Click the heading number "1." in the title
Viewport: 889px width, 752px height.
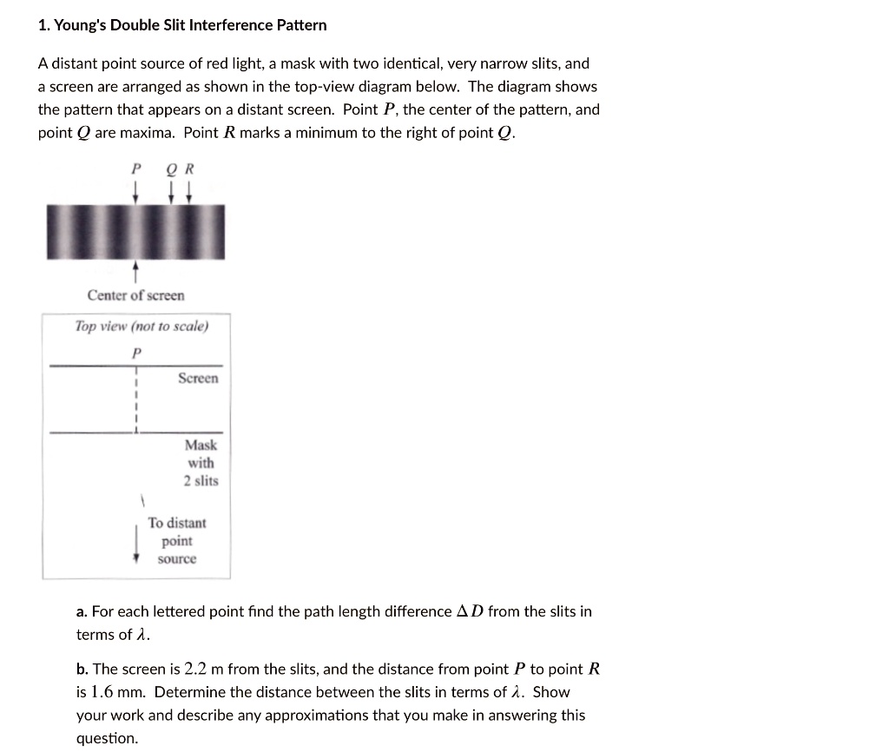pyautogui.click(x=44, y=25)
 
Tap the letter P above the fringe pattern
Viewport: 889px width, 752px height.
pyautogui.click(x=135, y=169)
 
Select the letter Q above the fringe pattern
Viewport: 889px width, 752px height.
pyautogui.click(x=173, y=169)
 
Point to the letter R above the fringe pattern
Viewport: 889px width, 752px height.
pyautogui.click(x=189, y=169)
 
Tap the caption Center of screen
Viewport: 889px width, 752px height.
pyautogui.click(x=135, y=295)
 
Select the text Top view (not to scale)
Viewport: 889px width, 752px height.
pyautogui.click(x=141, y=327)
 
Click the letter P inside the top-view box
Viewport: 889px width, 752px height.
pyautogui.click(x=135, y=353)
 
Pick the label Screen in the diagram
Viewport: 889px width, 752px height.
pyautogui.click(x=198, y=379)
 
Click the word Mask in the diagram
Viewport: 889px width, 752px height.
pyautogui.click(x=201, y=445)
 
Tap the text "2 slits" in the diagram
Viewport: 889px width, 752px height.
pyautogui.click(x=201, y=480)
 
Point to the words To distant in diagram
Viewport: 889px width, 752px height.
pyautogui.click(x=177, y=523)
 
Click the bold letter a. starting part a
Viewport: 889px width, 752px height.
pyautogui.click(x=82, y=612)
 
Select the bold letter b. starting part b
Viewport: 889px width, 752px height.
pyautogui.click(x=82, y=670)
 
